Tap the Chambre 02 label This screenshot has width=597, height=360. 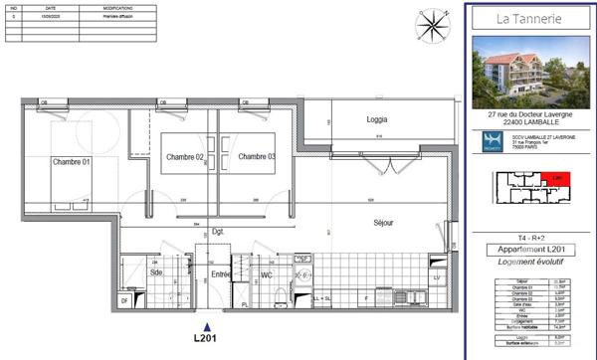coord(185,157)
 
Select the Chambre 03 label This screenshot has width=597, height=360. coord(257,157)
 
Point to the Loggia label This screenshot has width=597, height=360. coord(376,119)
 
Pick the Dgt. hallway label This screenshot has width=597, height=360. coord(219,232)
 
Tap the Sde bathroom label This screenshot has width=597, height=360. coord(156,271)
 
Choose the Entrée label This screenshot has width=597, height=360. coord(221,273)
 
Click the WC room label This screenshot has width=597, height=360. coord(267,273)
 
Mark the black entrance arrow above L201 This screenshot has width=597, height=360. coord(207,325)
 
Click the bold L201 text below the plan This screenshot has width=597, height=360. coord(207,339)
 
